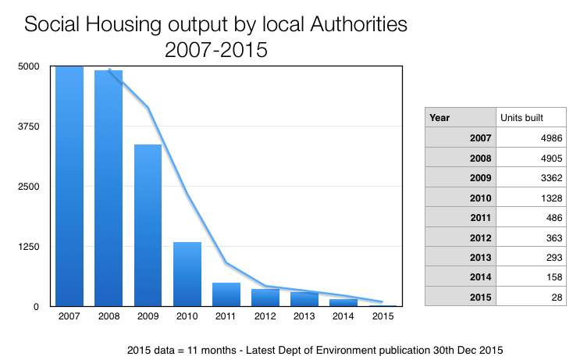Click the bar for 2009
click(148, 225)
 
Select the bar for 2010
click(187, 274)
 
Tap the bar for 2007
click(69, 187)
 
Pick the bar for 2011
click(226, 294)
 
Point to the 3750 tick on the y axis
click(29, 127)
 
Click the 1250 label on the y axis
click(29, 247)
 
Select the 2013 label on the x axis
click(304, 316)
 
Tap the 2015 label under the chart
click(383, 316)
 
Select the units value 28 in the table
click(557, 298)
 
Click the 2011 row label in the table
click(480, 218)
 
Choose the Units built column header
click(521, 118)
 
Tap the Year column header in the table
click(440, 118)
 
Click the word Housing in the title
click(123, 25)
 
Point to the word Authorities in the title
click(358, 24)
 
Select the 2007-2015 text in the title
click(216, 50)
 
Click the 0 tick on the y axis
click(36, 307)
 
